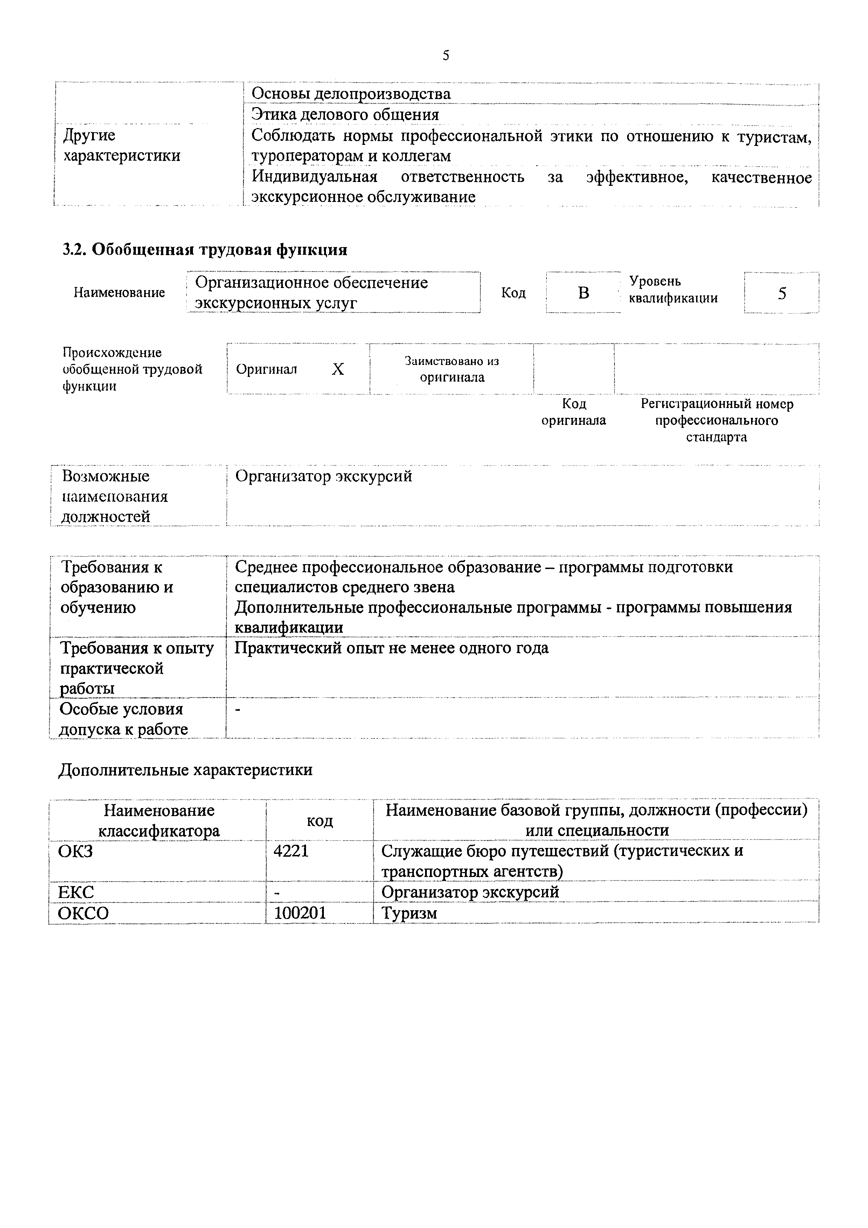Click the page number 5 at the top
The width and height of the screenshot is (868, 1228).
point(446,56)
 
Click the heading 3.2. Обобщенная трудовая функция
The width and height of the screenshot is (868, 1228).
point(204,250)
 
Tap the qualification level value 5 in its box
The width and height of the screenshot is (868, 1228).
point(782,293)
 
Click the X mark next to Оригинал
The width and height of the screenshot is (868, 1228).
point(338,369)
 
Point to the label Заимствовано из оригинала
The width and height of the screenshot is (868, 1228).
point(452,369)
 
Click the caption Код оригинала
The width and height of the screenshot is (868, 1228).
point(574,412)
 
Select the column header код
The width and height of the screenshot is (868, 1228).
point(319,820)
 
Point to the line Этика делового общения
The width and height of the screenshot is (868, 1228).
point(345,114)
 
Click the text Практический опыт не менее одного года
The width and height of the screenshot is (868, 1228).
point(392,648)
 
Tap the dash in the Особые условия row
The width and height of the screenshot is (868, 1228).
point(238,710)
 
